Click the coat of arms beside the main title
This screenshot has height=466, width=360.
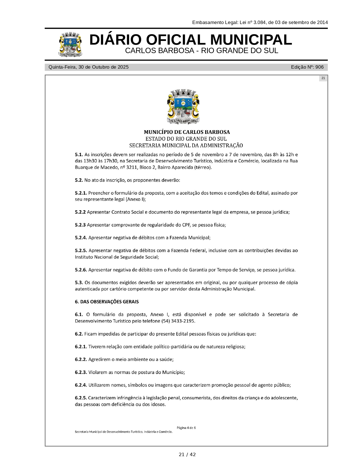(70, 45)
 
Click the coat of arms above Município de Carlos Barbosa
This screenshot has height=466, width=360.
(183, 107)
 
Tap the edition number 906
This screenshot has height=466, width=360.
(319, 67)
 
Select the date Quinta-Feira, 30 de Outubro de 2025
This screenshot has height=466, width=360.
(88, 67)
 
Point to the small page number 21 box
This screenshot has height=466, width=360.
(323, 78)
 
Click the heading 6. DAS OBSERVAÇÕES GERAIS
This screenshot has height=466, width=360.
(107, 302)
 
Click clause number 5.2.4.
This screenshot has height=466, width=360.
(81, 238)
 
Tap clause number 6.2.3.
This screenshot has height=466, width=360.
(81, 372)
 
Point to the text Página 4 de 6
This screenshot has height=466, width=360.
(186, 428)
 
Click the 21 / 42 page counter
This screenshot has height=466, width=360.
(187, 455)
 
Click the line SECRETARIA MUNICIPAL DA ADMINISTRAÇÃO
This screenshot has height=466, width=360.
(186, 146)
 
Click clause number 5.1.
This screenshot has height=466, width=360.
(79, 154)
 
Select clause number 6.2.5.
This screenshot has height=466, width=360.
(81, 398)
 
